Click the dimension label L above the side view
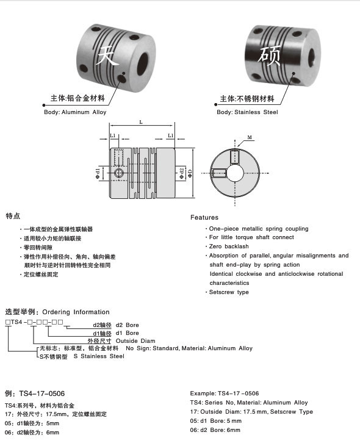141,123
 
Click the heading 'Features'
204,217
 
